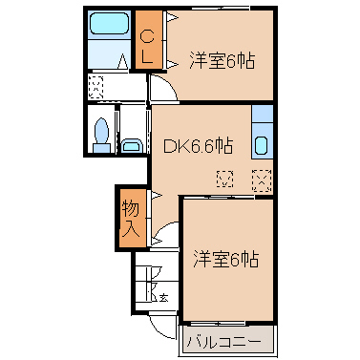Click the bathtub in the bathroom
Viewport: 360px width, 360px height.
[109, 24]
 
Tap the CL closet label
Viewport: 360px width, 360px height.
[147, 47]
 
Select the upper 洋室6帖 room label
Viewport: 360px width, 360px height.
[222, 60]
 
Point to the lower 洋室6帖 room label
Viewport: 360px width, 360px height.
[225, 259]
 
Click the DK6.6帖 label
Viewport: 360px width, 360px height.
[199, 146]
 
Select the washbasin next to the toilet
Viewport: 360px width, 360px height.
[132, 146]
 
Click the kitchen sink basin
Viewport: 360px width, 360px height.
[262, 145]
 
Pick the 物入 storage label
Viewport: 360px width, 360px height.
[131, 219]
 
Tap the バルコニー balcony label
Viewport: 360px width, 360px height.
[224, 342]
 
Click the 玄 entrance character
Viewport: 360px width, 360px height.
[163, 298]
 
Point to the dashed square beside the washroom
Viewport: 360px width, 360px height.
[95, 87]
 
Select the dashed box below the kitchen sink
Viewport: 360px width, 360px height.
[262, 180]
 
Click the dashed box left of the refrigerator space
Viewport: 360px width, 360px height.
[224, 179]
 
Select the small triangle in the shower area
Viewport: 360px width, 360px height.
[122, 61]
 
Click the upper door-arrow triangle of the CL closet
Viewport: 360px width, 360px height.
[172, 16]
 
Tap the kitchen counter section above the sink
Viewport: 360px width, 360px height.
[263, 114]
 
